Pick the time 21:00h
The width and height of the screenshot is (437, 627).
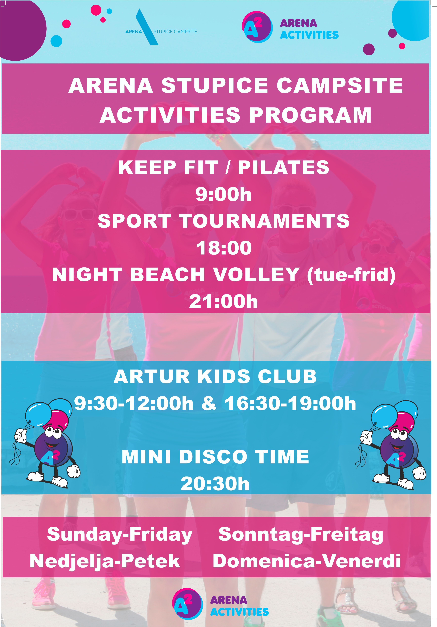223,302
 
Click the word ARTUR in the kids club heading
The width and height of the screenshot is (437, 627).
152,377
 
